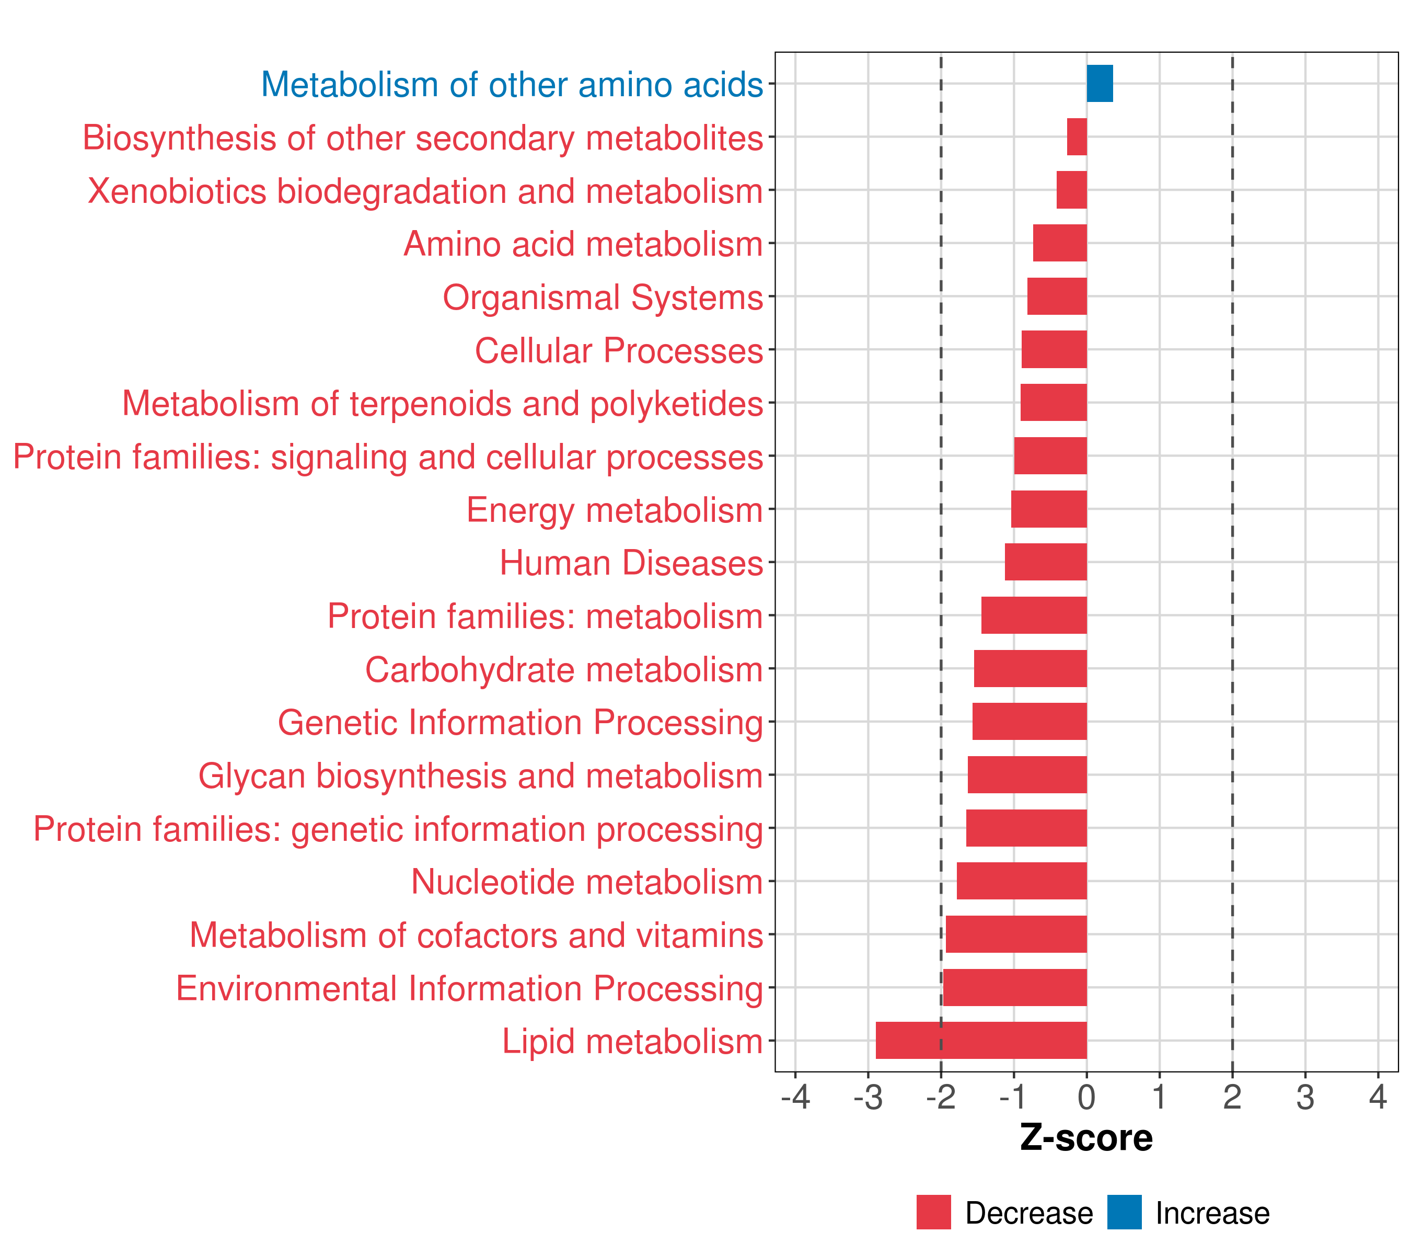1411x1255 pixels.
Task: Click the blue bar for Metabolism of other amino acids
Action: pyautogui.click(x=1100, y=84)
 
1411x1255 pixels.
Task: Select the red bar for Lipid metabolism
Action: pyautogui.click(x=981, y=1040)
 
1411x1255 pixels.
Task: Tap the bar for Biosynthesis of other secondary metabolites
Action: pyautogui.click(x=1077, y=137)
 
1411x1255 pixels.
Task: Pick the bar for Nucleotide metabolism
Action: pyautogui.click(x=1022, y=881)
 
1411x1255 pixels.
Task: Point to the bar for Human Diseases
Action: pyautogui.click(x=1046, y=562)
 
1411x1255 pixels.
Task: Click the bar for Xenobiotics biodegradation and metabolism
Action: pyautogui.click(x=1071, y=190)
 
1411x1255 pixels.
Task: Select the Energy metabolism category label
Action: pyautogui.click(x=615, y=510)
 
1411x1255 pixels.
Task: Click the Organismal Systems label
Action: pyautogui.click(x=603, y=298)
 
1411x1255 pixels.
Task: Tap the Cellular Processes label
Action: pyautogui.click(x=619, y=351)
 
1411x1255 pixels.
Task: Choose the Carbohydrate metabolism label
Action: pyautogui.click(x=563, y=670)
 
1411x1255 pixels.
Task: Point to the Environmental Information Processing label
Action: pyautogui.click(x=469, y=988)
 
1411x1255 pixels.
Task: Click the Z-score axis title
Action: pyautogui.click(x=1086, y=1137)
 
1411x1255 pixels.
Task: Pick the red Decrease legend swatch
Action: pyautogui.click(x=933, y=1212)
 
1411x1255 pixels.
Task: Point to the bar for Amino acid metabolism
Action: pyautogui.click(x=1060, y=243)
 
